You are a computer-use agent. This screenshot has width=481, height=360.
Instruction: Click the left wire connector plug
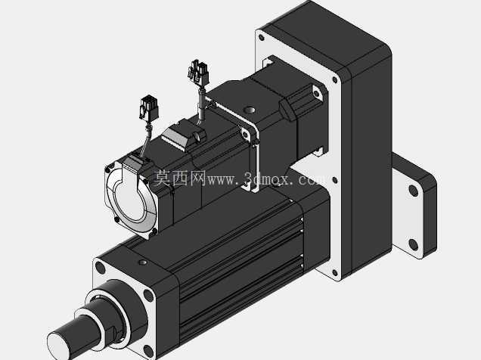[x=150, y=107]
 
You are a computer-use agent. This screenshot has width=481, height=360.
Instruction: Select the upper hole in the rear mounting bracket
[x=413, y=191]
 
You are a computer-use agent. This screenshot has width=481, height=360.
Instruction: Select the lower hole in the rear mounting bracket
[x=413, y=245]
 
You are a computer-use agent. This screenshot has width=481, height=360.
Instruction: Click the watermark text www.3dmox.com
[x=266, y=178]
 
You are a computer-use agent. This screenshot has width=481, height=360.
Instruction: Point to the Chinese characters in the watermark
[x=180, y=178]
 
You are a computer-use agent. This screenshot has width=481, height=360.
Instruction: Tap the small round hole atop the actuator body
[x=143, y=262]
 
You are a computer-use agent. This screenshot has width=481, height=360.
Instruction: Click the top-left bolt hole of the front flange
[x=101, y=268]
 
